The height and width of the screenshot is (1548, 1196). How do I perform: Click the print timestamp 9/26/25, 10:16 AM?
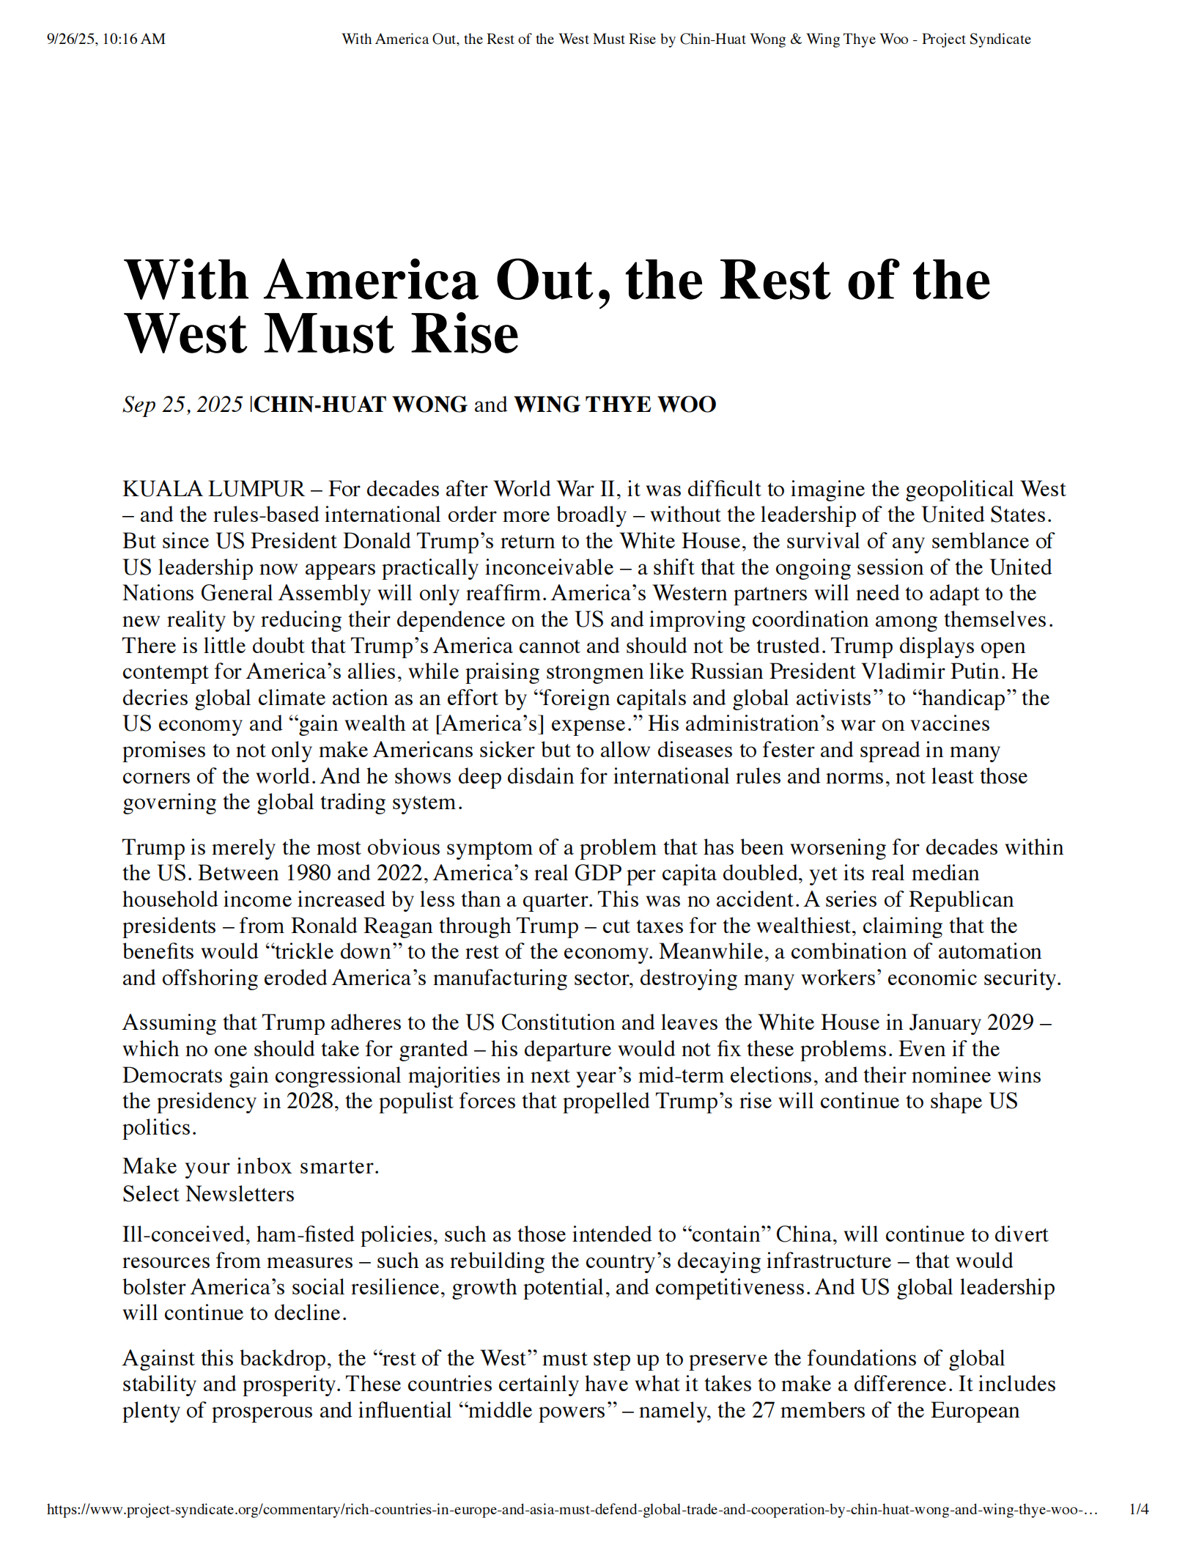click(106, 39)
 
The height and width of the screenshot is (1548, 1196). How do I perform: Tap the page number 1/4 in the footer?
click(1139, 1509)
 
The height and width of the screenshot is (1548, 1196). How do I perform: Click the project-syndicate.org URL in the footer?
click(572, 1509)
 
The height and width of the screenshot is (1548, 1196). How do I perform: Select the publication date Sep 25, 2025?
click(182, 405)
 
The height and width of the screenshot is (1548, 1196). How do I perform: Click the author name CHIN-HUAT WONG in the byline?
click(361, 405)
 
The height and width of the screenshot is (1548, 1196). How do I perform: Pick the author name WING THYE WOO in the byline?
click(615, 405)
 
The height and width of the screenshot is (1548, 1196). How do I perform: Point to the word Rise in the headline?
click(465, 334)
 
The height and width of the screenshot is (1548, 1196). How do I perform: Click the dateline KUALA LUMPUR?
click(213, 489)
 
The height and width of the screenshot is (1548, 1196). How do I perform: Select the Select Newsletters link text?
click(208, 1194)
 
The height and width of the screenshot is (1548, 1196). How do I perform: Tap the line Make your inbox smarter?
click(251, 1166)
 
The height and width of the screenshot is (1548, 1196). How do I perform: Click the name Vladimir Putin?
click(949, 672)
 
